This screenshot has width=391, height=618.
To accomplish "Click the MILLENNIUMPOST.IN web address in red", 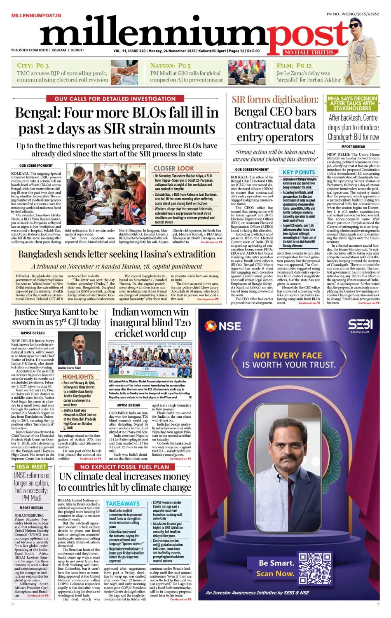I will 36,15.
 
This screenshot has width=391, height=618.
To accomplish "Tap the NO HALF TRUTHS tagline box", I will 309,52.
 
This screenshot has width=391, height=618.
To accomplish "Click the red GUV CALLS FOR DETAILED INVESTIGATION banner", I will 115,99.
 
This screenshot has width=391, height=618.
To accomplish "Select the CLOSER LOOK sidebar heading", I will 174,169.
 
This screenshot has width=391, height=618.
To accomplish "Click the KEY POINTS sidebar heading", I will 299,172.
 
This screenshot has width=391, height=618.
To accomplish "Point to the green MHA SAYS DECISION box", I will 352,103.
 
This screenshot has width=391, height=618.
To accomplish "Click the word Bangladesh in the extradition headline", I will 44,254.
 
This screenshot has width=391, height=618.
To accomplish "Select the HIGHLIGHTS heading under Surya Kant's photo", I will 78,377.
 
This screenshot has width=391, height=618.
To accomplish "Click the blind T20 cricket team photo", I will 150,360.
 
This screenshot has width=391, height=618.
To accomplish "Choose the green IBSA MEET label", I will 31,467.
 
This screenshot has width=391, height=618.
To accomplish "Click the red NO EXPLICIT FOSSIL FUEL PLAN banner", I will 124,467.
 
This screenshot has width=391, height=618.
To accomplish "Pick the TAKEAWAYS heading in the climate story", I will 122,503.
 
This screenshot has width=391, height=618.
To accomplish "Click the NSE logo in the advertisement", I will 223,326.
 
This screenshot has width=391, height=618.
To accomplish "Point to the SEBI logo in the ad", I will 360,324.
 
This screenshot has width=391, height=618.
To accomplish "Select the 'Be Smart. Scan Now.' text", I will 276,568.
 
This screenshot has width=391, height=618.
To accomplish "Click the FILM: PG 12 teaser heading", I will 294,66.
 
